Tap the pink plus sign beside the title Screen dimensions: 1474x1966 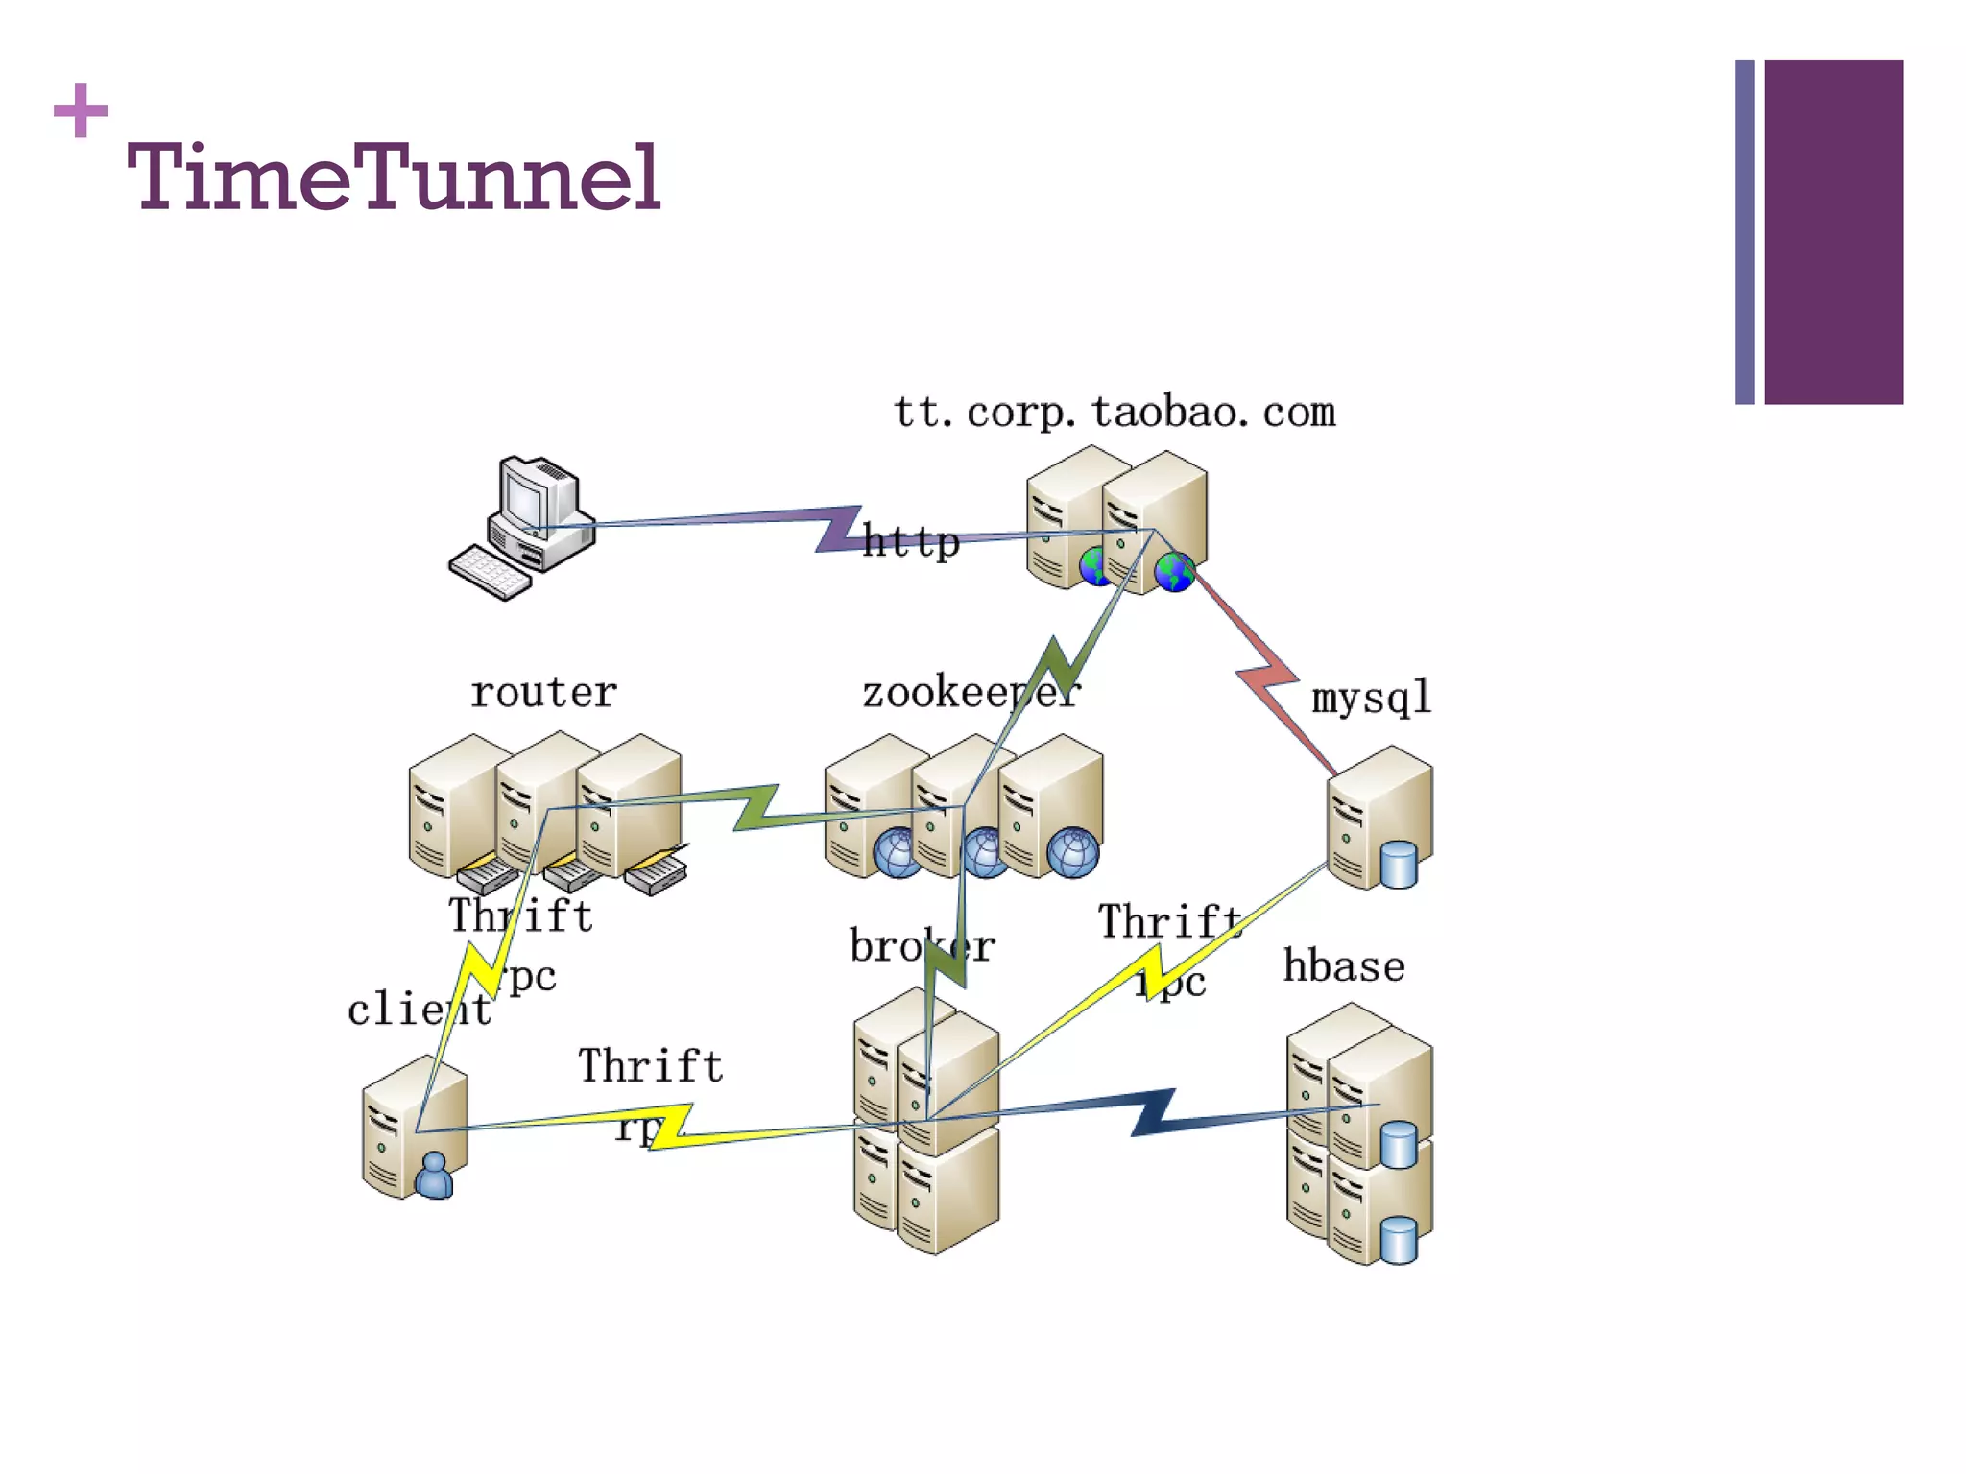(x=81, y=110)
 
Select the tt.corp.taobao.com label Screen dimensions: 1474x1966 (x=1114, y=413)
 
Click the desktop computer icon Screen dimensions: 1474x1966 (x=538, y=513)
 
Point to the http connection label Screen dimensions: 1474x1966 (x=910, y=542)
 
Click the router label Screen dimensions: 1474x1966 (x=543, y=693)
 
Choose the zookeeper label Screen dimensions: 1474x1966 (x=970, y=693)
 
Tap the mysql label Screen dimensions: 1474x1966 (x=1371, y=698)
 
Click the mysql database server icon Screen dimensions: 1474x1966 (x=1379, y=818)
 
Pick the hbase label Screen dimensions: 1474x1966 (x=1344, y=966)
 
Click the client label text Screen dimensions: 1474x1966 (x=419, y=1010)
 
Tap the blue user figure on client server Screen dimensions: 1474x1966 (x=435, y=1176)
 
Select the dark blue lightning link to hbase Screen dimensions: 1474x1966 (x=1152, y=1113)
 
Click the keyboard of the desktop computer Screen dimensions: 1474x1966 (x=490, y=573)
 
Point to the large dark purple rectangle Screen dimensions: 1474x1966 (x=1833, y=232)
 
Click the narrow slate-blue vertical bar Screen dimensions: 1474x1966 (x=1744, y=232)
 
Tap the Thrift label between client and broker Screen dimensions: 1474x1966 (x=650, y=1067)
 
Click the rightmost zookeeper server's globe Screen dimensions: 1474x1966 (x=1072, y=852)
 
